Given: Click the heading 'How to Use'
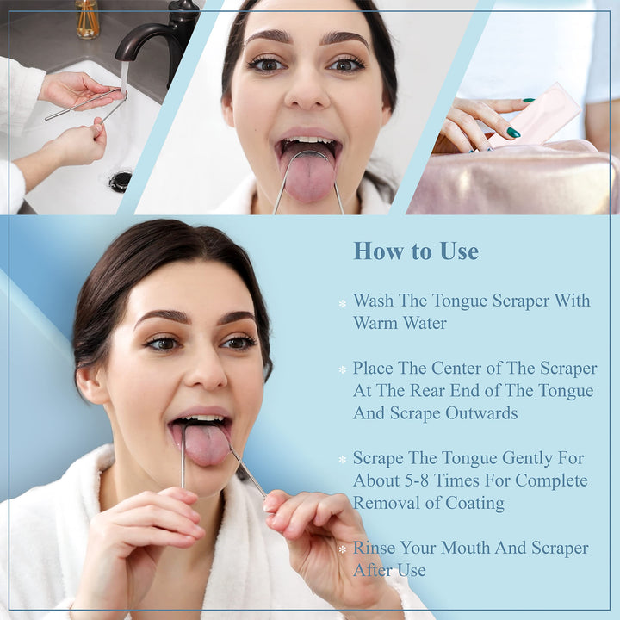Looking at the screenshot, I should tap(415, 251).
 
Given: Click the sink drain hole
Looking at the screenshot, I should tap(121, 181).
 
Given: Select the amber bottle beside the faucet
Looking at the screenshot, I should tap(87, 19).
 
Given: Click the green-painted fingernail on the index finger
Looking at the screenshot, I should tap(513, 133).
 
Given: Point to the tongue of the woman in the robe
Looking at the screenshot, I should tap(207, 445).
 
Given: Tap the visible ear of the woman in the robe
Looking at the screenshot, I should tap(90, 385).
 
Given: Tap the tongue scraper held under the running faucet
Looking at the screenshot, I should tap(86, 105).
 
